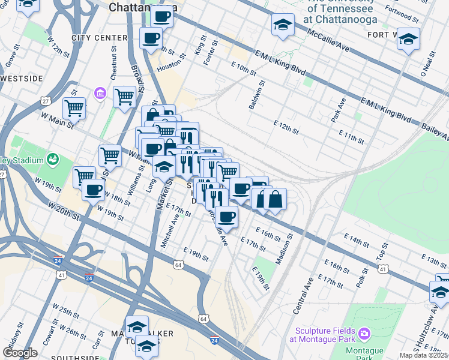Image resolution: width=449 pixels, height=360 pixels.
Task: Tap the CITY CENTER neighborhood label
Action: [x=100, y=38]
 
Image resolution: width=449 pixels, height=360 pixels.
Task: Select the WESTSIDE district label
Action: [x=22, y=79]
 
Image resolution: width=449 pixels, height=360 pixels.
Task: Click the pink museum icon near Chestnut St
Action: [x=100, y=94]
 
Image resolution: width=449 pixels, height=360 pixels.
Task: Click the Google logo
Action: [x=20, y=353]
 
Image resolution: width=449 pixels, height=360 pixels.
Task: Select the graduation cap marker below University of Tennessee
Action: [x=283, y=25]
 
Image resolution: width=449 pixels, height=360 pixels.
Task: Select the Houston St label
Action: [x=169, y=67]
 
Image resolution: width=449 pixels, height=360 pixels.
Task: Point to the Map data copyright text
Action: [x=424, y=355]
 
